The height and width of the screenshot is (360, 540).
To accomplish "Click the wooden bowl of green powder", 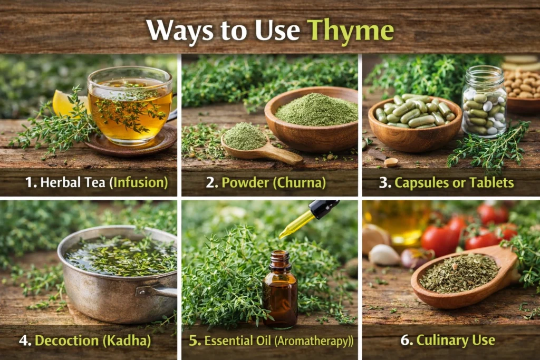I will click(311, 118).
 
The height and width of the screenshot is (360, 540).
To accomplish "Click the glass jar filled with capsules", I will click(484, 102).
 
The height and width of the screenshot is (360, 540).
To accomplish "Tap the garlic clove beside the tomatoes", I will click(383, 255).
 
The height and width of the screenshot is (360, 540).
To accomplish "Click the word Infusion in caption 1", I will click(142, 183).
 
